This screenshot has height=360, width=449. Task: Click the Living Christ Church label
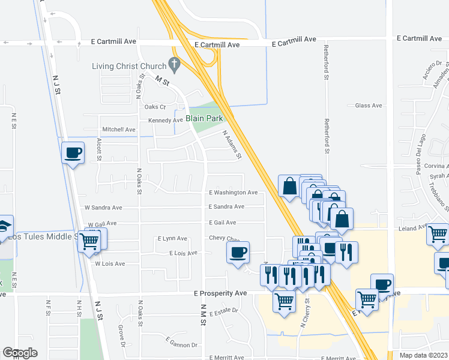click(x=129, y=65)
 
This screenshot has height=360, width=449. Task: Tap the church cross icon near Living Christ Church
click(x=175, y=63)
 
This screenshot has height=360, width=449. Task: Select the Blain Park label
click(x=204, y=118)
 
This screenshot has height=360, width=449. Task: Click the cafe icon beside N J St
click(x=73, y=153)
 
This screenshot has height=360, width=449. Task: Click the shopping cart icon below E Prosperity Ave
click(x=284, y=302)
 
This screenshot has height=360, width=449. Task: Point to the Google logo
click(x=20, y=353)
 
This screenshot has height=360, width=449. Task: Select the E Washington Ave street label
click(x=233, y=193)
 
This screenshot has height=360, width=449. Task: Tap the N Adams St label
click(x=232, y=145)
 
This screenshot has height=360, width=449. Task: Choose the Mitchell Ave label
click(x=118, y=129)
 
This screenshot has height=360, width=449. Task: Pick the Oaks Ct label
click(x=155, y=106)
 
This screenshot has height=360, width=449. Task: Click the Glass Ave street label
click(x=368, y=106)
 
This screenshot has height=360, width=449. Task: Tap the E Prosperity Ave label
click(x=220, y=293)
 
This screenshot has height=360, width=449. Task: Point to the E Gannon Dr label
click(x=182, y=345)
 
